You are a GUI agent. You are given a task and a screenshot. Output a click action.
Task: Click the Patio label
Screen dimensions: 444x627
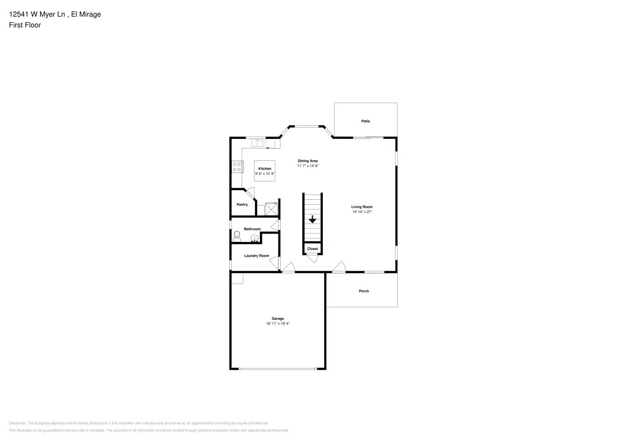tap(365, 121)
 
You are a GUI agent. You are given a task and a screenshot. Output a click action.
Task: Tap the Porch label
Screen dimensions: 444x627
tap(364, 291)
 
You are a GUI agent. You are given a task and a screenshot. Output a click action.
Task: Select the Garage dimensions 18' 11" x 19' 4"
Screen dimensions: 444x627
tap(278, 324)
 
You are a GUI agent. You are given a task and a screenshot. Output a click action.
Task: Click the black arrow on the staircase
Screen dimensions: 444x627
tap(312, 219)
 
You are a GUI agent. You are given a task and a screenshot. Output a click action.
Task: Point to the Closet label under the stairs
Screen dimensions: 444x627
tap(312, 249)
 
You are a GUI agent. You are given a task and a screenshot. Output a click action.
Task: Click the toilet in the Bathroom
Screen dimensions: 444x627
tap(237, 236)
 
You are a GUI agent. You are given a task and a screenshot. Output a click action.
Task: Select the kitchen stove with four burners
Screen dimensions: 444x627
tap(237, 167)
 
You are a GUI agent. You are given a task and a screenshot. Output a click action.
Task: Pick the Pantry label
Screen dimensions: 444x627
tap(242, 205)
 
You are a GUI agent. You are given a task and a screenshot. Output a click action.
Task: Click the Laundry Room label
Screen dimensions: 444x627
tap(256, 256)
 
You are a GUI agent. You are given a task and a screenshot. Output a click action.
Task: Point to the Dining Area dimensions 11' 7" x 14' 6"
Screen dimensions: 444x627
tap(308, 166)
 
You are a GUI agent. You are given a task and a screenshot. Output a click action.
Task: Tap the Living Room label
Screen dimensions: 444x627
tap(362, 207)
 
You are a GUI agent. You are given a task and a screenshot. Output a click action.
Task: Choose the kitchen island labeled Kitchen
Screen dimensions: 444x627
tap(265, 171)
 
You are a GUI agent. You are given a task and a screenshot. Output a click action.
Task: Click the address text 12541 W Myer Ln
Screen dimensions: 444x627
tap(38, 14)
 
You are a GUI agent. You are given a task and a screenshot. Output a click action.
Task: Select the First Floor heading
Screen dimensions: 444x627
tap(25, 25)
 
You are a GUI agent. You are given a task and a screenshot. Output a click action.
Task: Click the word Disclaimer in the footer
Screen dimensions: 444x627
tap(17, 423)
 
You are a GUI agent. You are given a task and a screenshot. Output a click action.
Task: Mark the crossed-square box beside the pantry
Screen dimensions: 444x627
tap(271, 209)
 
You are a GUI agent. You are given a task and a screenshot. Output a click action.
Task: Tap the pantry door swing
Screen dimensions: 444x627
tap(251, 193)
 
